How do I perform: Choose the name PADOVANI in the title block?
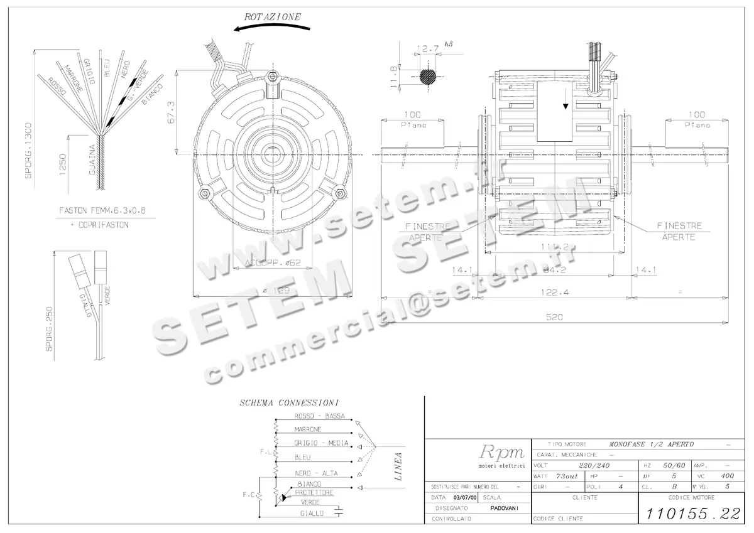[x=505, y=508]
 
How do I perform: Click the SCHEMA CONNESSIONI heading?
[x=290, y=402]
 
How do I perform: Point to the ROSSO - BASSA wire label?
[x=319, y=417]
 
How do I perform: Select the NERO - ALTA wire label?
[x=315, y=473]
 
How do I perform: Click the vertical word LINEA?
[x=398, y=466]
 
